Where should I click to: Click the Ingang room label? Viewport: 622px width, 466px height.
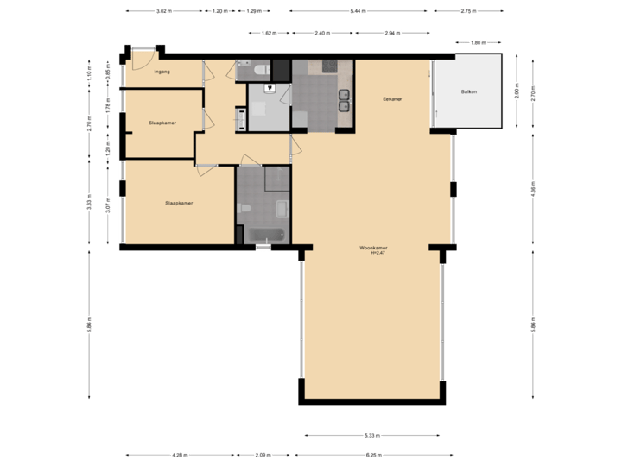(162, 72)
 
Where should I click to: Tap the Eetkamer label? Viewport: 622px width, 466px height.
(393, 99)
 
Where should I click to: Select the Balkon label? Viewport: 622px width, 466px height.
(468, 91)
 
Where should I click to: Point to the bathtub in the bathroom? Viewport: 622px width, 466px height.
(266, 234)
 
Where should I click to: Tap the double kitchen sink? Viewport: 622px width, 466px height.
(344, 100)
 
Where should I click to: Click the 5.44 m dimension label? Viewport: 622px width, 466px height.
(356, 11)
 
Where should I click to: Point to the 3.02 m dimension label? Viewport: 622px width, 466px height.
(162, 11)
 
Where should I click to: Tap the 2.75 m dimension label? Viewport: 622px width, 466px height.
(469, 11)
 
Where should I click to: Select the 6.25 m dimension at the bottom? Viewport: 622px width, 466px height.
(373, 455)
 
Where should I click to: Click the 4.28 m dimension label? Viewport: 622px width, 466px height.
(179, 455)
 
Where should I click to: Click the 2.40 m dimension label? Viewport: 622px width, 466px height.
(321, 33)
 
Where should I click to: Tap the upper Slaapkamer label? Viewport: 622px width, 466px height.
(162, 123)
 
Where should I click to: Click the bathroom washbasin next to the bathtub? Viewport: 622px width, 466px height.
(282, 207)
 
